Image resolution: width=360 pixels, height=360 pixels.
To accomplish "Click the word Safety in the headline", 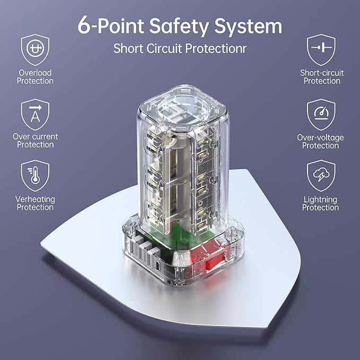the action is pyautogui.click(x=179, y=27).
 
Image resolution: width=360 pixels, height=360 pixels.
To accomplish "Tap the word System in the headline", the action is pyautogui.click(x=248, y=27).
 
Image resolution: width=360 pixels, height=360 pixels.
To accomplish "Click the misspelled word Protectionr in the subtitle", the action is pyautogui.click(x=216, y=48).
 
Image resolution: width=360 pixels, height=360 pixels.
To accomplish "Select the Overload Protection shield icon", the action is pyautogui.click(x=35, y=50).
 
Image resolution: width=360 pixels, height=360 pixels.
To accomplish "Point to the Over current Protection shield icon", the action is pyautogui.click(x=35, y=115).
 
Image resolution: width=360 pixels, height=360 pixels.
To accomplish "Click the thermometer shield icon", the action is pyautogui.click(x=35, y=175).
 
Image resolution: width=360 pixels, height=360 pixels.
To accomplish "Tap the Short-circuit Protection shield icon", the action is pyautogui.click(x=321, y=50).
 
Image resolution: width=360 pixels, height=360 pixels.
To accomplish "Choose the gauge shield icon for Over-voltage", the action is pyautogui.click(x=321, y=115).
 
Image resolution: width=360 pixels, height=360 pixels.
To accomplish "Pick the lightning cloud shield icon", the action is pyautogui.click(x=321, y=175).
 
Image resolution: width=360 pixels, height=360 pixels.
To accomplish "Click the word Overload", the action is pyautogui.click(x=35, y=73).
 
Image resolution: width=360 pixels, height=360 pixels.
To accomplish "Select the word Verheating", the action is pyautogui.click(x=35, y=199).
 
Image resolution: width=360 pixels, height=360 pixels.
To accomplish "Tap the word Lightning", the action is pyautogui.click(x=321, y=200).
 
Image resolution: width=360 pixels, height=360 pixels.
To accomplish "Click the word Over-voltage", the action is pyautogui.click(x=321, y=137).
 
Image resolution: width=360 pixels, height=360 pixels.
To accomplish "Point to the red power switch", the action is pyautogui.click(x=216, y=261).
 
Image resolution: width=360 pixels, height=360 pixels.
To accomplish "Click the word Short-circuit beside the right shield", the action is pyautogui.click(x=322, y=73).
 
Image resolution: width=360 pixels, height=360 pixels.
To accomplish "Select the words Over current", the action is pyautogui.click(x=36, y=137).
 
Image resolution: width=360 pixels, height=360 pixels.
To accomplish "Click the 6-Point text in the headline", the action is pyautogui.click(x=111, y=25).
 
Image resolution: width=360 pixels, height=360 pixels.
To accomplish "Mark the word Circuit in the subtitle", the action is pyautogui.click(x=164, y=48).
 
